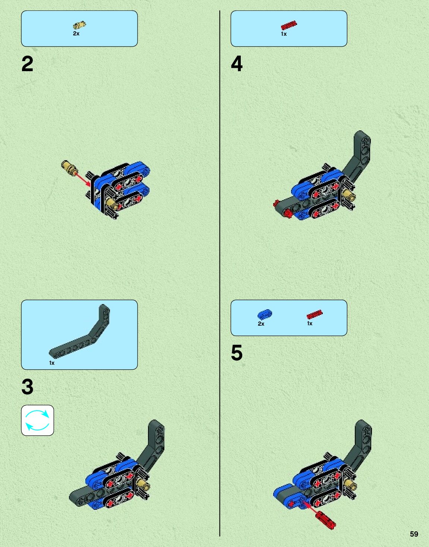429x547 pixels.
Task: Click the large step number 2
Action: coord(27,64)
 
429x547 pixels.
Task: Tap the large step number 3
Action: coord(27,387)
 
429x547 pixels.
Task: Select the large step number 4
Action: coord(237,64)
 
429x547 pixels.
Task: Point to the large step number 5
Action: coord(237,352)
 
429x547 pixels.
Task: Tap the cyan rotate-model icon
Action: coord(38,420)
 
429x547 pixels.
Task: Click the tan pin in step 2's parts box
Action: coord(79,25)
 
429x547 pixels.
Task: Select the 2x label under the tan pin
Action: coord(76,34)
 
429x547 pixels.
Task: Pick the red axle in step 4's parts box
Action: coord(289,25)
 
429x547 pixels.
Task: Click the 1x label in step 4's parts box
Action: coord(284,34)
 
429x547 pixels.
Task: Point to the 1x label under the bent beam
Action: coord(51,363)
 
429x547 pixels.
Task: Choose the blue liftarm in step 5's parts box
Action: coord(265,314)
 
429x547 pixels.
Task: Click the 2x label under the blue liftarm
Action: coord(261,324)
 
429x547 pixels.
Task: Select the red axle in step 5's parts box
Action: coord(315,314)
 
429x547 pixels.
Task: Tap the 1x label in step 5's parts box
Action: coord(310,323)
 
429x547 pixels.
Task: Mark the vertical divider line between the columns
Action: coord(220,273)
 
